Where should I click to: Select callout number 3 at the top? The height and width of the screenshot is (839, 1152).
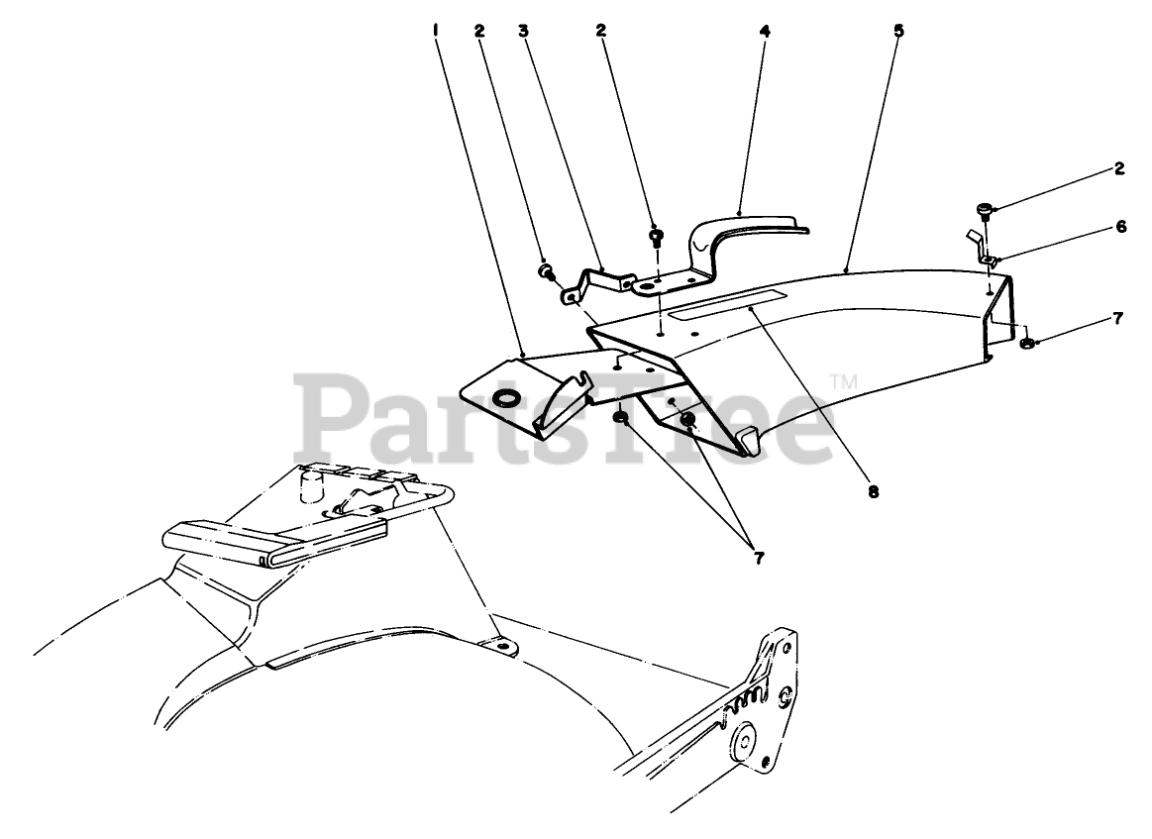click(522, 30)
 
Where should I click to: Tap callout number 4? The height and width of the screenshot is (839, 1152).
click(764, 30)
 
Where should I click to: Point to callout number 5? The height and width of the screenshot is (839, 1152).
click(898, 30)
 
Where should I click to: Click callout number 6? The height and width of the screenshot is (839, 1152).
click(1120, 226)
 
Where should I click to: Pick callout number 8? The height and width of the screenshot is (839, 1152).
click(873, 490)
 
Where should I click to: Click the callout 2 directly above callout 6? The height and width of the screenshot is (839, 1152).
click(1119, 168)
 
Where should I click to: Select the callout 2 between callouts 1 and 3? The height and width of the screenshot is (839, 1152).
click(479, 30)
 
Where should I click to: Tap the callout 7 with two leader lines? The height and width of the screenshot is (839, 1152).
click(758, 558)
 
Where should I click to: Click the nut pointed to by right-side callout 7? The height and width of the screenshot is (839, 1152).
click(1026, 344)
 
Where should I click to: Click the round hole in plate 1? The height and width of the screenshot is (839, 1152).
click(506, 398)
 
